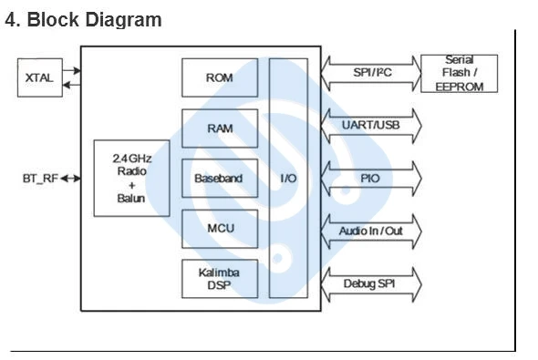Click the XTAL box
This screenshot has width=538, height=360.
pos(40,77)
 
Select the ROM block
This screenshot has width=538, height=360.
pos(220,77)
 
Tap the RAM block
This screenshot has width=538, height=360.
pos(220,129)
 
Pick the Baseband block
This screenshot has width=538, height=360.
pos(220,179)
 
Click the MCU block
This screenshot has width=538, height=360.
pos(220,229)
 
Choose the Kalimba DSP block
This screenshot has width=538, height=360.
pos(220,279)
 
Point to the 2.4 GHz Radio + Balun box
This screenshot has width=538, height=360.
pos(131,179)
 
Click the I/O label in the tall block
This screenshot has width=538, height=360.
pos(288,179)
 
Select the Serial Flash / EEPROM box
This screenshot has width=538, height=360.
pos(459,74)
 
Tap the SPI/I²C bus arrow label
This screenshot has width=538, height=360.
pos(372,73)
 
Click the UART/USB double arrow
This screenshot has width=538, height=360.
pos(371,126)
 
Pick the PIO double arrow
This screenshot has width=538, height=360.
pos(371,179)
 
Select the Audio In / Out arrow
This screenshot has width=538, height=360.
pos(371,231)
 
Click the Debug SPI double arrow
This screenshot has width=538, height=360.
pos(371,284)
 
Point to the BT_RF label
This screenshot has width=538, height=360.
pos(40,179)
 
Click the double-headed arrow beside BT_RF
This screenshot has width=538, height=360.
pos(71,179)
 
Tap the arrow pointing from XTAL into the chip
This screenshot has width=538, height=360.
pos(72,70)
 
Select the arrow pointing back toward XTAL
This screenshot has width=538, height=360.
pos(72,85)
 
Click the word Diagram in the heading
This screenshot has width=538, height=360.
pos(123,20)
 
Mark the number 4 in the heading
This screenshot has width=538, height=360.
pos(11,19)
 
